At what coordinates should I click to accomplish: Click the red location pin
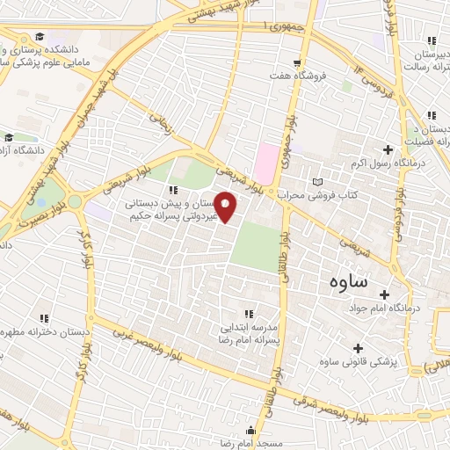click(226, 207)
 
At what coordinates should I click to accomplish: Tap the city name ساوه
click(349, 283)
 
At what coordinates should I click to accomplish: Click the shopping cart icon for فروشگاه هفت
click(298, 62)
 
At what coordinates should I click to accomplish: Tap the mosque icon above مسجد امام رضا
click(251, 431)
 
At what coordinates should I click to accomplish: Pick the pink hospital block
click(265, 161)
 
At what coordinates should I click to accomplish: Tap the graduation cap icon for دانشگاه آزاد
click(9, 137)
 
